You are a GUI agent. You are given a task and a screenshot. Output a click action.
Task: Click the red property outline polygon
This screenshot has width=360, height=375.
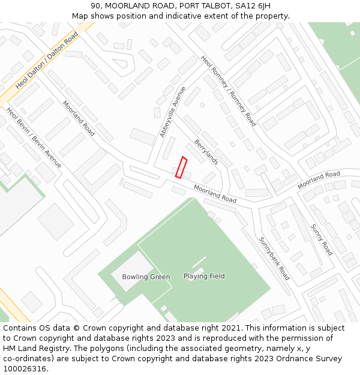pyautogui.click(x=181, y=167)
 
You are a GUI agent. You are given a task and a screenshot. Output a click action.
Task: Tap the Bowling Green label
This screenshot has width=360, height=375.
pyautogui.click(x=146, y=277)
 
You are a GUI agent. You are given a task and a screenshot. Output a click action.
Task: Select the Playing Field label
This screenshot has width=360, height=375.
pyautogui.click(x=204, y=276)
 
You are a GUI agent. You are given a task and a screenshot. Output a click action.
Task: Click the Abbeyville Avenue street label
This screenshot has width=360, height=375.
pyautogui.click(x=173, y=112)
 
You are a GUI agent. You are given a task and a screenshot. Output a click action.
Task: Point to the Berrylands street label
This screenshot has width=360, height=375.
pyautogui.click(x=206, y=152)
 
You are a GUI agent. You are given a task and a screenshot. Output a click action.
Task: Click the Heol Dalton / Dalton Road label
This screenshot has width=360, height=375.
pyautogui.click(x=47, y=61)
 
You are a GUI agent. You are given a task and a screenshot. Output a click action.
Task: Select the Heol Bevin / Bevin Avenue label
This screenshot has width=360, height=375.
pyautogui.click(x=34, y=137)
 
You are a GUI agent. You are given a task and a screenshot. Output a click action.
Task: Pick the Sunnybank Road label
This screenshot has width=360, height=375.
pyautogui.click(x=274, y=259)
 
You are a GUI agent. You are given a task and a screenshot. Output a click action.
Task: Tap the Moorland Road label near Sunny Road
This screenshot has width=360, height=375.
pyautogui.click(x=319, y=179)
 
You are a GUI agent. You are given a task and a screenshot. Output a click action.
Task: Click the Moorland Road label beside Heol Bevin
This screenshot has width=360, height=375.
pyautogui.click(x=79, y=118)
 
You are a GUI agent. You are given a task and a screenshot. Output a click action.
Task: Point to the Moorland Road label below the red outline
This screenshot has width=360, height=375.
pyautogui.click(x=215, y=193)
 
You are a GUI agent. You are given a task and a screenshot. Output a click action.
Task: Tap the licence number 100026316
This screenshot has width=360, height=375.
pyautogui.click(x=25, y=368)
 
